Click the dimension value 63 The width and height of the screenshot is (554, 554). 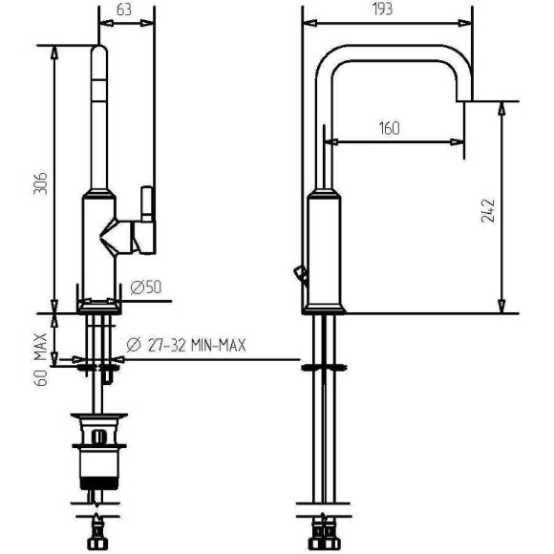[123, 10]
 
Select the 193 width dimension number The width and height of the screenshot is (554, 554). [382, 9]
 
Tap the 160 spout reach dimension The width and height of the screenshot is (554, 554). [389, 128]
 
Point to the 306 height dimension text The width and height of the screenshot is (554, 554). [40, 183]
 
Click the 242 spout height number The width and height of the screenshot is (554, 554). [488, 210]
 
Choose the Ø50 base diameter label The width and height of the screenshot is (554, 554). [145, 287]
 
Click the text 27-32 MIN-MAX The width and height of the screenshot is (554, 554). [197, 345]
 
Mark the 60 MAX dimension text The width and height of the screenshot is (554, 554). [41, 359]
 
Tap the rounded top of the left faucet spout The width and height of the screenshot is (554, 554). [99, 52]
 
